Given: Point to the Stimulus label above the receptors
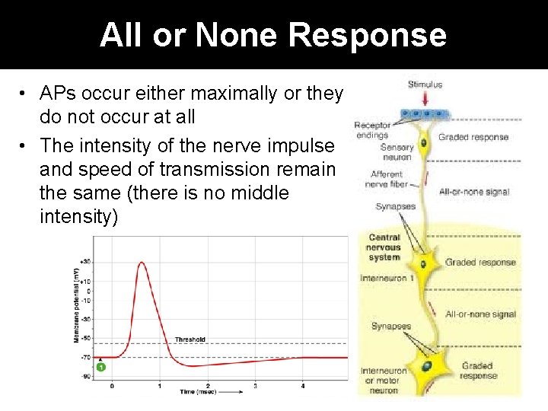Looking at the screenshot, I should tap(425, 84).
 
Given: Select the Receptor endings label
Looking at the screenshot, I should tap(372, 130).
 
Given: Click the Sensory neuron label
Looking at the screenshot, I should tap(397, 151).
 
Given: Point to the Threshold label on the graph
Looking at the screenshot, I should tap(190, 339).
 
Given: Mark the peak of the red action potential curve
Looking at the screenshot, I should tap(142, 263).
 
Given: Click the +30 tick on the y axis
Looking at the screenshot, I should tap(85, 262).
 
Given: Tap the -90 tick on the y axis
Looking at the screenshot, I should tap(86, 375).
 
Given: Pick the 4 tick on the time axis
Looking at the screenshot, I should tap(302, 386).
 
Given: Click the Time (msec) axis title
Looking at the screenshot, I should tap(198, 392).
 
